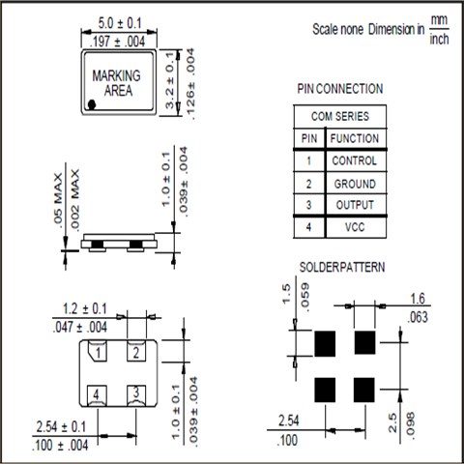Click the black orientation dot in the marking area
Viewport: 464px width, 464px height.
(x=92, y=104)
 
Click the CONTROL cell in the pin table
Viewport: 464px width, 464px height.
(x=355, y=160)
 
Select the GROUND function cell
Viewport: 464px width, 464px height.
(x=355, y=184)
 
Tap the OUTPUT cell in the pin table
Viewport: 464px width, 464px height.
(x=355, y=205)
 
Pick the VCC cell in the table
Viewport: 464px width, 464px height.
(x=355, y=227)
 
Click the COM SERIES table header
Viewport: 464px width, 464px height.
(x=340, y=116)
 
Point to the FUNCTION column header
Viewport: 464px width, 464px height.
(x=355, y=138)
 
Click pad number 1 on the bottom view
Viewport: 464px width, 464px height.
(x=98, y=351)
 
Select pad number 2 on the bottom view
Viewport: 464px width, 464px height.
(x=136, y=351)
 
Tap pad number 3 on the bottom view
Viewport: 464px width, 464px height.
(x=136, y=394)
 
